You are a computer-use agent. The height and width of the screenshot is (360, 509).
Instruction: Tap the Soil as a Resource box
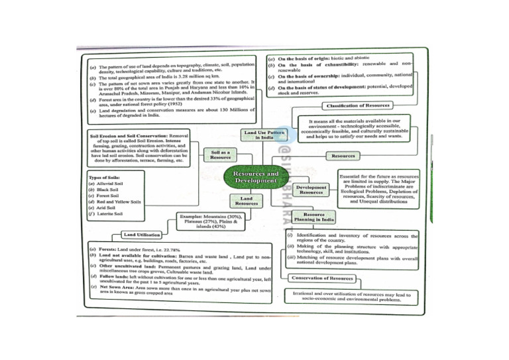pyautogui.click(x=221, y=155)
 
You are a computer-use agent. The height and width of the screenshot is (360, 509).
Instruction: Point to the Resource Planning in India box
pyautogui.click(x=313, y=219)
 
